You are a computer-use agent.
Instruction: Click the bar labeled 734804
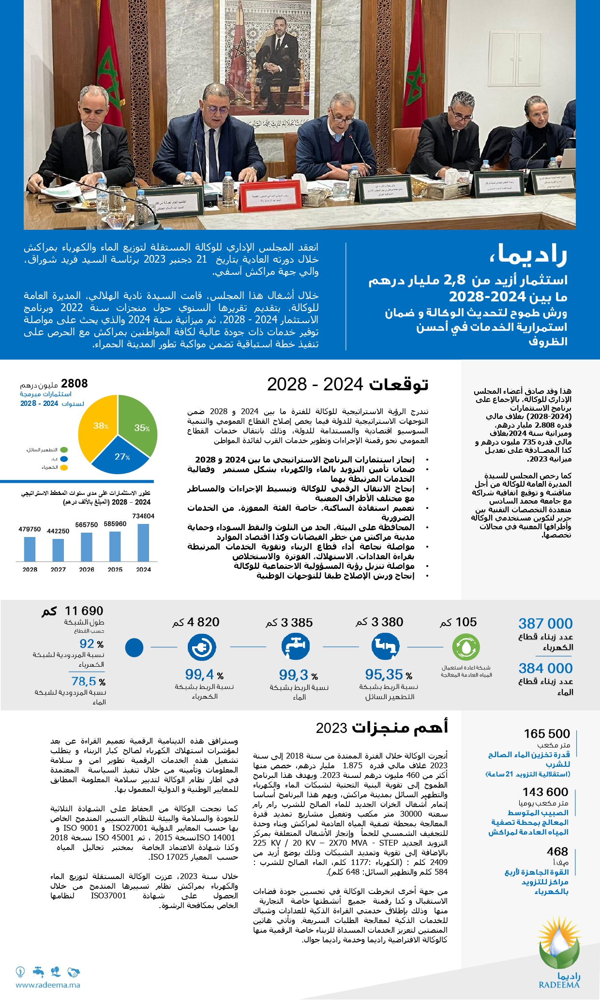tap(143, 542)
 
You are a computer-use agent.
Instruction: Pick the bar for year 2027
tap(58, 550)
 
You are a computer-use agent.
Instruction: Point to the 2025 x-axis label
tap(115, 569)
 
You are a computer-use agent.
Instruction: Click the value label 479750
tap(30, 529)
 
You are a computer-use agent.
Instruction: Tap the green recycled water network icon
tap(466, 647)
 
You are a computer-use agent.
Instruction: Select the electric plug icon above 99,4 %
tap(201, 647)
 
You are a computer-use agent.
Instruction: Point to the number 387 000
tap(545, 624)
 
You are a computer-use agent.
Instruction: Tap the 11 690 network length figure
tap(84, 611)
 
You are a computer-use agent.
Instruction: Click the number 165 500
tap(547, 733)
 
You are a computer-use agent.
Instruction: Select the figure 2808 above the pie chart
tap(75, 384)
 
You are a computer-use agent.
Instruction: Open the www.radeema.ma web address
tap(48, 985)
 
